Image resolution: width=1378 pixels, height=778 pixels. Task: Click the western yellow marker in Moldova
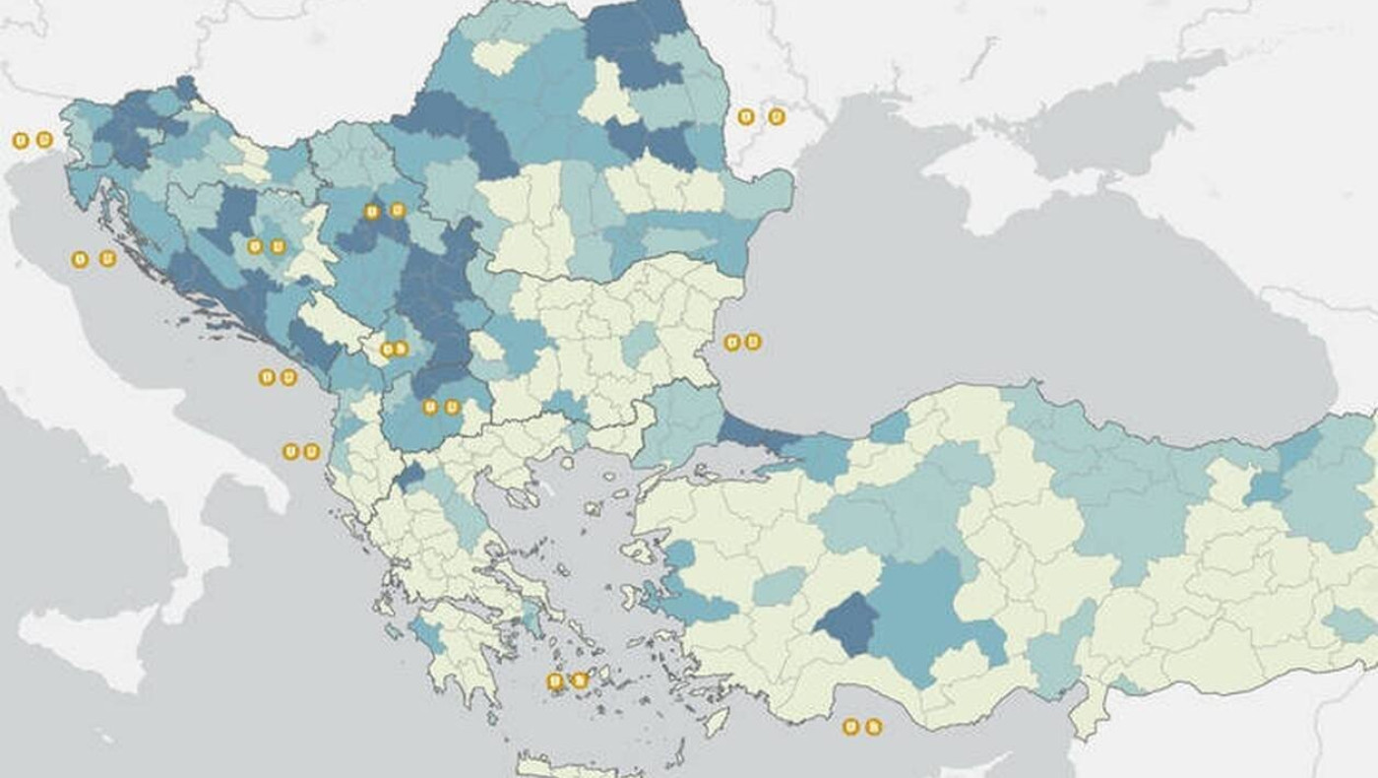(x=746, y=116)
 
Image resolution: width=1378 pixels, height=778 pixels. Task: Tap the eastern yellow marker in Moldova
(x=777, y=116)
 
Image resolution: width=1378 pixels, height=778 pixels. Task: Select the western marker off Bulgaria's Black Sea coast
(x=732, y=343)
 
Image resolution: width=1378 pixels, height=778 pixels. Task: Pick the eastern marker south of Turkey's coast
(x=873, y=727)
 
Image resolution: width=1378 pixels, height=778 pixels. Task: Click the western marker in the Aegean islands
(x=555, y=681)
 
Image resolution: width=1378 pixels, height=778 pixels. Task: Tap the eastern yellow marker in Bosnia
(x=279, y=246)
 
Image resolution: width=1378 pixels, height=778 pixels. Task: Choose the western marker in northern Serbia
(x=372, y=211)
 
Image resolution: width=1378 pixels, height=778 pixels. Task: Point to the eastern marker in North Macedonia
(x=453, y=407)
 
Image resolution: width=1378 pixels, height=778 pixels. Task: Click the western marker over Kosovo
(x=387, y=350)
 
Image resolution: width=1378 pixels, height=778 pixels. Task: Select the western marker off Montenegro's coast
(x=267, y=377)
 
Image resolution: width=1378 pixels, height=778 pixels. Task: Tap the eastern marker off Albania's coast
(x=312, y=451)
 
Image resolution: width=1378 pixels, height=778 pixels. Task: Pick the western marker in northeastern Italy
(x=20, y=140)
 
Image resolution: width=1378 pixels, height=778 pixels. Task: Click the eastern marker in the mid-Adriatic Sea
(x=107, y=259)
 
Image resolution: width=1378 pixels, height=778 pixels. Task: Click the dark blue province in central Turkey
(x=846, y=622)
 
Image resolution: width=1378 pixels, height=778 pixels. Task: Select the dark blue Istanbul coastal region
(x=753, y=433)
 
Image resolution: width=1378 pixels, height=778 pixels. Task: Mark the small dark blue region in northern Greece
(x=410, y=477)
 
